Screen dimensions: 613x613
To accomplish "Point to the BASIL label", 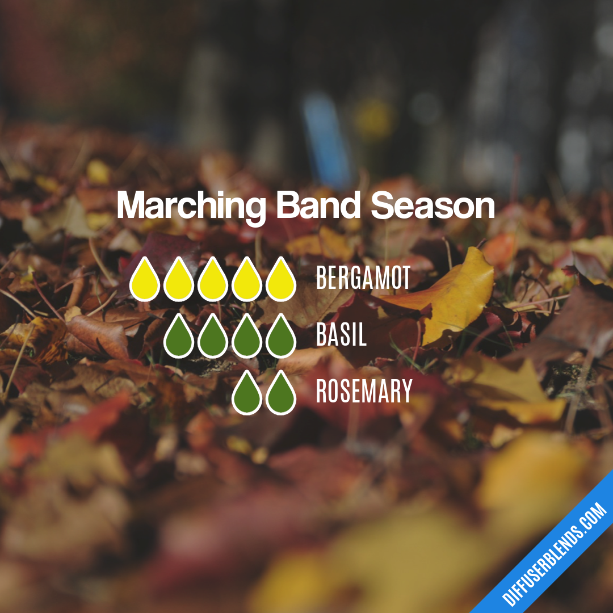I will tap(341, 335).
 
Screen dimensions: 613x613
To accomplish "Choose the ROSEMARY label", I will tap(364, 392).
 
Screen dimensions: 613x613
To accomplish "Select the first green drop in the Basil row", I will tap(179, 337).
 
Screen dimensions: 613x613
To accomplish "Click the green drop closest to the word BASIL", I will tap(281, 337).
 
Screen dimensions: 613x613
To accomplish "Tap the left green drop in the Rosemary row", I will tap(247, 393).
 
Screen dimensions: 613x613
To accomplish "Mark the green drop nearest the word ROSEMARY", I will tap(281, 393).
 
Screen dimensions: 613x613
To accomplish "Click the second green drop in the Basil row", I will tap(213, 337).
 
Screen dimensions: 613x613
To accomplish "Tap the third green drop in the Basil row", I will tap(247, 337).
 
